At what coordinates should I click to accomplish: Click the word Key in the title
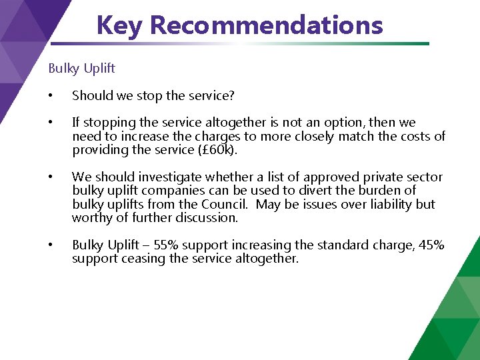120,25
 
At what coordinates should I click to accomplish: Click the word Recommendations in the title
266,25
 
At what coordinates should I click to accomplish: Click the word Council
225,204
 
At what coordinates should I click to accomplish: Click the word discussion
204,217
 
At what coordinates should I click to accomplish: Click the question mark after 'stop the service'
231,95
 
